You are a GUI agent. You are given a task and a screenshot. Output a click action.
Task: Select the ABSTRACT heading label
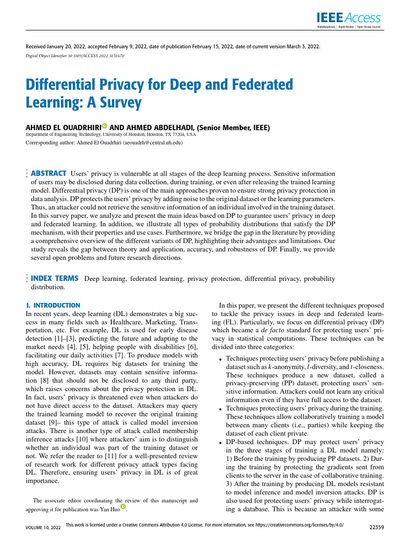[x=49, y=173]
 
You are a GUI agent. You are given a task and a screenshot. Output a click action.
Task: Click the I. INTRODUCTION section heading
[x=53, y=305]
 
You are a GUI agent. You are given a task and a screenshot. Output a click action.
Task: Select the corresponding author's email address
[x=153, y=143]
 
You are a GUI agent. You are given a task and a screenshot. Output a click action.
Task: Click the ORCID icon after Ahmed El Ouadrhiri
[x=104, y=126]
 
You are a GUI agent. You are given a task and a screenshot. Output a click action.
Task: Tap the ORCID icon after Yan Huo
[x=123, y=507]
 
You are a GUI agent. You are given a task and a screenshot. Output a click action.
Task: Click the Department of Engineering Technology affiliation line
[x=111, y=134]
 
